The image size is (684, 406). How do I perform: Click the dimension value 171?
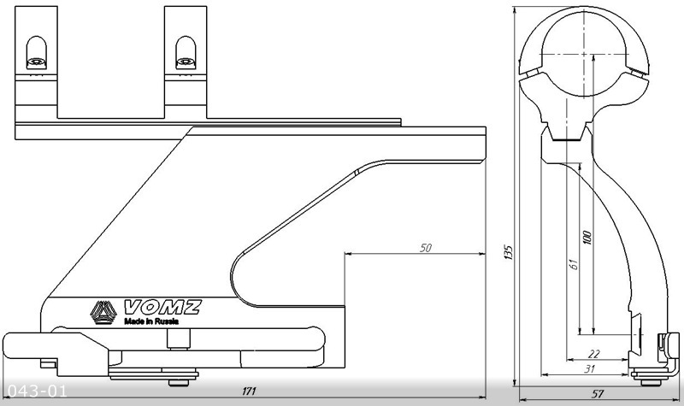coord(249,391)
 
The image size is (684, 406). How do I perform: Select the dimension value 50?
coord(425,248)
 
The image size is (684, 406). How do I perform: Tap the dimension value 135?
coord(508,252)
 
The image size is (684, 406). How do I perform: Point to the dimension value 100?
coord(587,238)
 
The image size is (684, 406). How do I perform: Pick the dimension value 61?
coord(574,264)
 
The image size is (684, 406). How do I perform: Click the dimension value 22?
coord(594,354)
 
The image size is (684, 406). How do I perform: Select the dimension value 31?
coord(589,369)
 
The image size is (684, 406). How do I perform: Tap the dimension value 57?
coord(597,394)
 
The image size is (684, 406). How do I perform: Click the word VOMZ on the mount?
coord(162,308)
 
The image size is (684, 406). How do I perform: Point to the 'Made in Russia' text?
coord(151,322)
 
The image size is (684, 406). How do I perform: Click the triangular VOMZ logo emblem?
coord(103,313)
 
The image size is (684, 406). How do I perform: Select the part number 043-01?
coord(38,391)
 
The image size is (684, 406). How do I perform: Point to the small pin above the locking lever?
coord(179,338)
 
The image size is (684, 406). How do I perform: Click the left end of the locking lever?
coord(4,345)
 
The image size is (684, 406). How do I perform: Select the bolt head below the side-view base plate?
coord(180,383)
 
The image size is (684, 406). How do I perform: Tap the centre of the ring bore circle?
coord(584,55)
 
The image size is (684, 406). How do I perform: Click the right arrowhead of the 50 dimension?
coord(482,253)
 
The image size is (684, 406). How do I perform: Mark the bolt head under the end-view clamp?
coord(652,382)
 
